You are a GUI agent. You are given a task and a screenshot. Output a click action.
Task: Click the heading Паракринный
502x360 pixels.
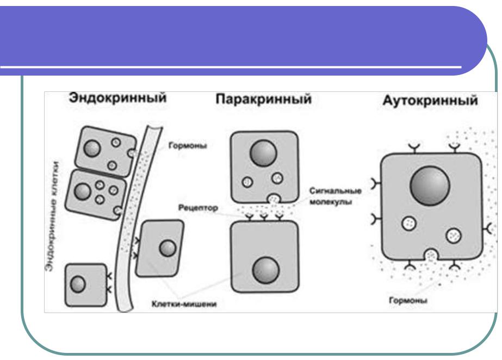(x=263, y=101)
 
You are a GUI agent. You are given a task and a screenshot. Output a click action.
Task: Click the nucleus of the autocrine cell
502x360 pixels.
(x=430, y=187)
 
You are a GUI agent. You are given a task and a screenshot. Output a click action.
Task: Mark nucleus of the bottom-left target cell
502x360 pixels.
(x=79, y=283)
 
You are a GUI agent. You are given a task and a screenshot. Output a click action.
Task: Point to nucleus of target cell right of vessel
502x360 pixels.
(x=167, y=248)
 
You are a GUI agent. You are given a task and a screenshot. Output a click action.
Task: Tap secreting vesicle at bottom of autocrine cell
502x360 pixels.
(x=431, y=255)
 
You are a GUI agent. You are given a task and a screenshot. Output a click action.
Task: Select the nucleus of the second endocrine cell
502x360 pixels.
(x=83, y=191)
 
